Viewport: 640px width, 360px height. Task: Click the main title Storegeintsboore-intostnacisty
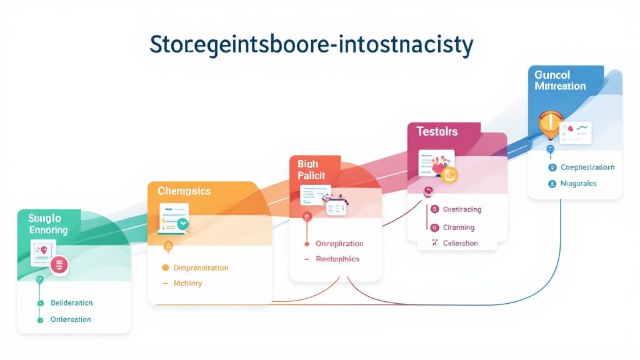(x=311, y=46)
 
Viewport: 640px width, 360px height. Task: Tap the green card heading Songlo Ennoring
(x=47, y=224)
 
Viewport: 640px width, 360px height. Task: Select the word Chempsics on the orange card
(x=184, y=191)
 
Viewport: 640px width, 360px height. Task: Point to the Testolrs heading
(x=437, y=131)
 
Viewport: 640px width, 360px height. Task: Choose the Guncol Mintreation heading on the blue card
(x=560, y=80)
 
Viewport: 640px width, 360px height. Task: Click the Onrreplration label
(x=339, y=243)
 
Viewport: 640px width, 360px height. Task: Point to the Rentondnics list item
(x=337, y=259)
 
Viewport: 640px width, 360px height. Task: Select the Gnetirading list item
(x=462, y=209)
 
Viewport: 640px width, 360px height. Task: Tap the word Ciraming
(x=459, y=227)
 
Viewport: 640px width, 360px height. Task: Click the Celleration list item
(x=460, y=243)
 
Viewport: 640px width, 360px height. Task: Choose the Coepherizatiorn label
(x=587, y=167)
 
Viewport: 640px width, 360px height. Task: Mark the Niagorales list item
(x=578, y=184)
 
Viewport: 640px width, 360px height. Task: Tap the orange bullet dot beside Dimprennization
(x=166, y=267)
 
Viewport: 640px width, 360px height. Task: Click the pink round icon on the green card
(x=59, y=265)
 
